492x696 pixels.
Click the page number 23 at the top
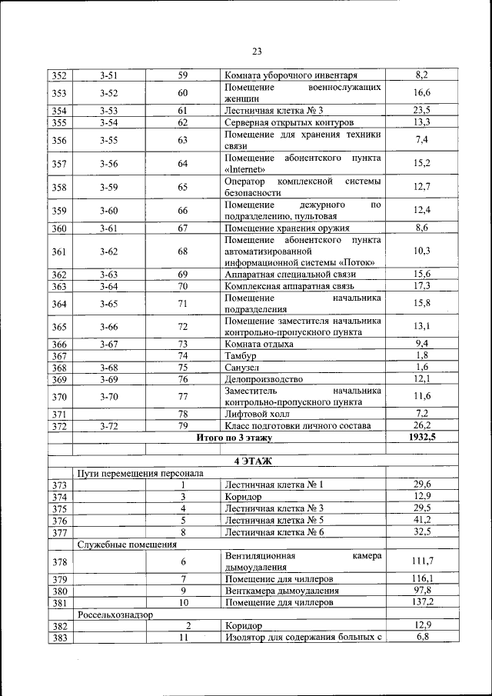[x=257, y=52]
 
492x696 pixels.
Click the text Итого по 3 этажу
[x=234, y=438]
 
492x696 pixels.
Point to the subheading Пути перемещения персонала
[x=141, y=473]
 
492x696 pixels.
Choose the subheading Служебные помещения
[x=127, y=544]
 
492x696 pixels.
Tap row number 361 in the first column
[x=59, y=251]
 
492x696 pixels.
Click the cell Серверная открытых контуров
[x=289, y=122]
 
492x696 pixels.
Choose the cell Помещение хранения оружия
[x=287, y=228]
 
